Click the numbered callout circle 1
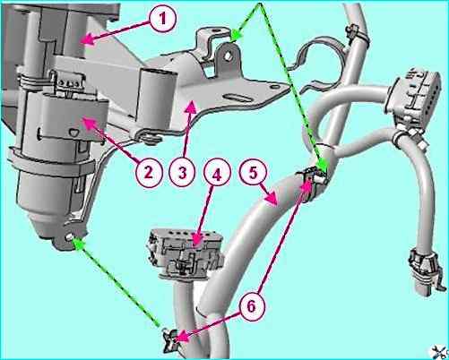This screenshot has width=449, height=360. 162,20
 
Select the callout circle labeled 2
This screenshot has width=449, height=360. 148,173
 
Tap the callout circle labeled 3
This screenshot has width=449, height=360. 182,173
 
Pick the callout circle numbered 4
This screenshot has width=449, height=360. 217,174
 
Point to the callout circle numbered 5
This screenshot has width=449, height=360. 254,173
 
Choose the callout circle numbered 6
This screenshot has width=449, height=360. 252,306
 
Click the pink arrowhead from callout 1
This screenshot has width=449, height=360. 87,40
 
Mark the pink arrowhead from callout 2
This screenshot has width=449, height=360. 88,123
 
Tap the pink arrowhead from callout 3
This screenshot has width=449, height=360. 192,107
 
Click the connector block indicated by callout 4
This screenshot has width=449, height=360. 186,253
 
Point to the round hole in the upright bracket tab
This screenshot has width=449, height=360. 228,56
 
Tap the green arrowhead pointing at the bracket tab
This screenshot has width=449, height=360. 237,34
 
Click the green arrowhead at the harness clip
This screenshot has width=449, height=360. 323,166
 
